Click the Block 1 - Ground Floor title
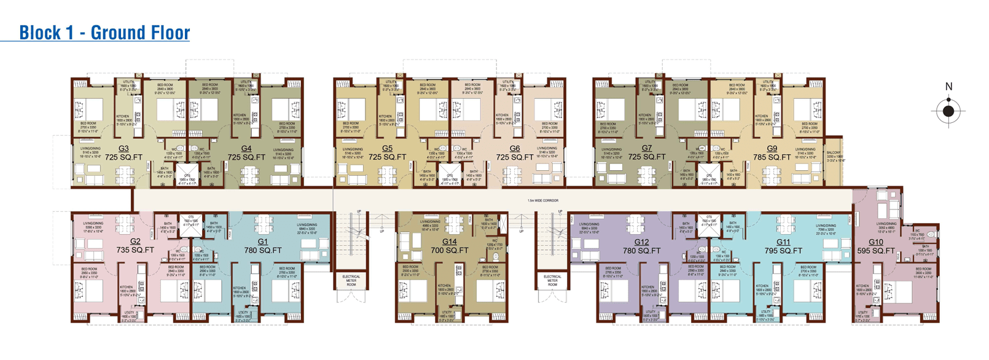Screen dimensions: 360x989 (104, 33)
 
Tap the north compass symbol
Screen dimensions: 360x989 (948, 111)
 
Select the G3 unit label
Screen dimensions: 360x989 (123, 153)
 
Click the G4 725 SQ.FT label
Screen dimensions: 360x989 (246, 153)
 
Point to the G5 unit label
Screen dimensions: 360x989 (387, 153)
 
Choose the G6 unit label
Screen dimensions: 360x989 (515, 153)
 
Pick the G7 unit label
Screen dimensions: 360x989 (647, 153)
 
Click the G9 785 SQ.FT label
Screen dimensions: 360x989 (772, 153)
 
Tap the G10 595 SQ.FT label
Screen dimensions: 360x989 (876, 246)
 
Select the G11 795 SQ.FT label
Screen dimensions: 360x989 (783, 246)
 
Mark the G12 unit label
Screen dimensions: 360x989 (641, 246)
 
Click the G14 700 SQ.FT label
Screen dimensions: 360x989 (449, 246)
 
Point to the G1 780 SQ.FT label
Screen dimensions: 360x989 (263, 246)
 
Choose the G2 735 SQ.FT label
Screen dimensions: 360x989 (135, 246)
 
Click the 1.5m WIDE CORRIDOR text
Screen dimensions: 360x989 (543, 200)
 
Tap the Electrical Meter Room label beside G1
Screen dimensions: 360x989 (351, 280)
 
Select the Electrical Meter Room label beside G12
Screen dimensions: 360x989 (552, 280)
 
